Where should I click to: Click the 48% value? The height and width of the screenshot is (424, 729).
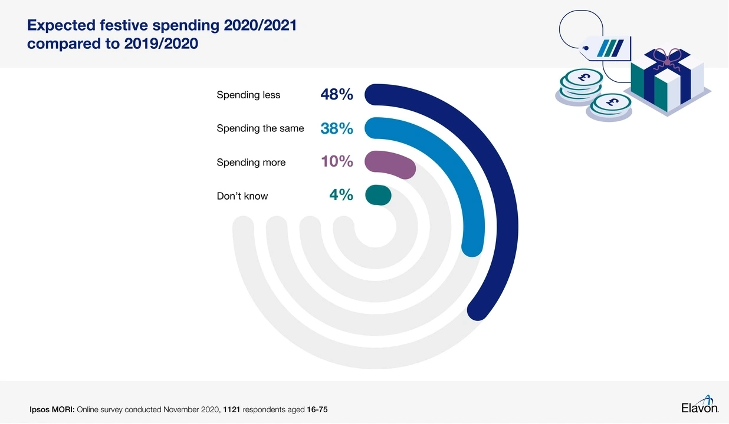pos(337,94)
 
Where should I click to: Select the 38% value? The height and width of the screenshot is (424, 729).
pos(337,128)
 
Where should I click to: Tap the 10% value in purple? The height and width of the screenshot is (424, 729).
pos(337,161)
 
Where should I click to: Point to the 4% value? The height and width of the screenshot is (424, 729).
pos(341,195)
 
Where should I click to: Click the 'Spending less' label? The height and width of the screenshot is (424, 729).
pos(248,95)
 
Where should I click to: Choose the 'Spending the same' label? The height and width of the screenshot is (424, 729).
pos(260,128)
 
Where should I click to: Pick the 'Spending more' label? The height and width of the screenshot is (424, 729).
pos(251,162)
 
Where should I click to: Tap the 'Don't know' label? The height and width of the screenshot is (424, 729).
pos(242,196)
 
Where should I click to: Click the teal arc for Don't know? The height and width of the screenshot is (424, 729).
pos(378,196)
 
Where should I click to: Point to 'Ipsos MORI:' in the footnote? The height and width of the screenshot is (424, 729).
pos(52,409)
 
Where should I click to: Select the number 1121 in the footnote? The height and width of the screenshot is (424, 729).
pos(232,409)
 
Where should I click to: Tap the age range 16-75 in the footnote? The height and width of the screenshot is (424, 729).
pos(317,409)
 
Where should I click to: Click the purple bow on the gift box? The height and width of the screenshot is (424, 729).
pos(667,58)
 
